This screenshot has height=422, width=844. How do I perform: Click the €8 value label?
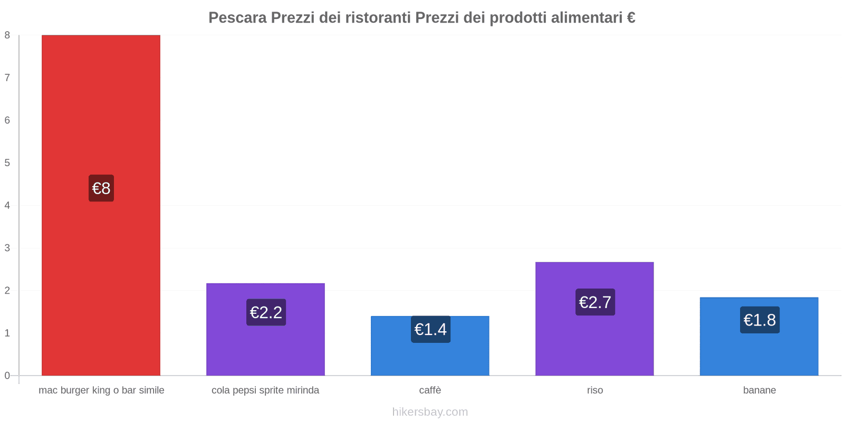(101, 188)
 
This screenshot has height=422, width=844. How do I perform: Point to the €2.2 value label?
(266, 312)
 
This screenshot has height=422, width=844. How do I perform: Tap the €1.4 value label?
(430, 329)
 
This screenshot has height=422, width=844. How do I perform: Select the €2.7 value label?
(595, 302)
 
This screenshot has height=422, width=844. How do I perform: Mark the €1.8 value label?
(760, 320)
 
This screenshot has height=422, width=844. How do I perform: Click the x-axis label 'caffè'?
(430, 390)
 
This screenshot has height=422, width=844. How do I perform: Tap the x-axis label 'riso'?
(594, 390)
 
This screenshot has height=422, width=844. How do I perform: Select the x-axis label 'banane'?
(759, 390)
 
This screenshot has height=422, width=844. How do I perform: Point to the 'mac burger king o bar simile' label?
(101, 390)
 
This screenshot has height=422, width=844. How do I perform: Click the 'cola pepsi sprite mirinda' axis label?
(265, 390)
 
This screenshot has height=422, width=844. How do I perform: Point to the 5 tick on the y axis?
(7, 162)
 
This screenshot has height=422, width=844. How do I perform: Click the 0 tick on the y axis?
(7, 376)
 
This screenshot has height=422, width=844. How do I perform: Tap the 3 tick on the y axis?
(7, 248)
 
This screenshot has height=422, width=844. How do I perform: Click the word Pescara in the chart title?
(237, 18)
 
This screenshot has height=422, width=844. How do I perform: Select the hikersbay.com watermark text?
(430, 412)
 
